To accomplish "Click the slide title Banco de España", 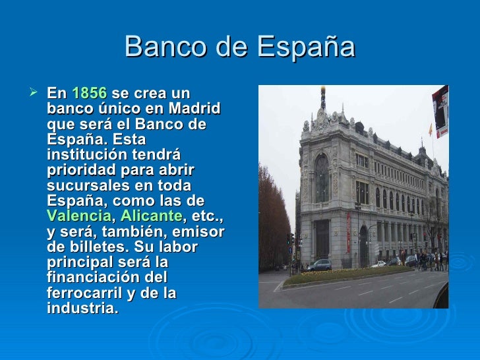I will point(239,47).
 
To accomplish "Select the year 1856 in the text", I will point(88,94).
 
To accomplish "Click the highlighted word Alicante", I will point(150,216).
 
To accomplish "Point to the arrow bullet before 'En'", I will point(36,94).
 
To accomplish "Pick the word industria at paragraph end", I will point(82,308).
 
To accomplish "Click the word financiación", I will point(99,277).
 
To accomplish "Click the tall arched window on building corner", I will point(321,179).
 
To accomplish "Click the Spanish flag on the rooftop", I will point(431,130).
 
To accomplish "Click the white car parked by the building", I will point(378,264).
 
